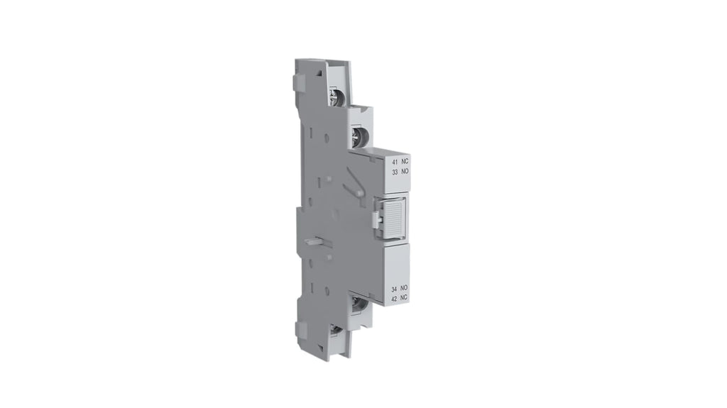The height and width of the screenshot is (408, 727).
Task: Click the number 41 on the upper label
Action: click(x=395, y=162)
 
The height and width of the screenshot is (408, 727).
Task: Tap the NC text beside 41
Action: click(x=405, y=162)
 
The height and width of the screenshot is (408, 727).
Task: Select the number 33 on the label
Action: click(x=395, y=172)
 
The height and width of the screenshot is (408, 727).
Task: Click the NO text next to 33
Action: click(x=405, y=172)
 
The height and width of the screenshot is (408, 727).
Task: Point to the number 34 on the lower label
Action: click(x=395, y=288)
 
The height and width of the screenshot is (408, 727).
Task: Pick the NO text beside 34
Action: click(x=404, y=288)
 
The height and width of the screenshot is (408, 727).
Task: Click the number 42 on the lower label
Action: click(x=395, y=298)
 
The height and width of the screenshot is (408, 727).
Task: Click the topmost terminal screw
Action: click(x=336, y=96)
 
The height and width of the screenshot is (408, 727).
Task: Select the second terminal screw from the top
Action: click(x=360, y=136)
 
